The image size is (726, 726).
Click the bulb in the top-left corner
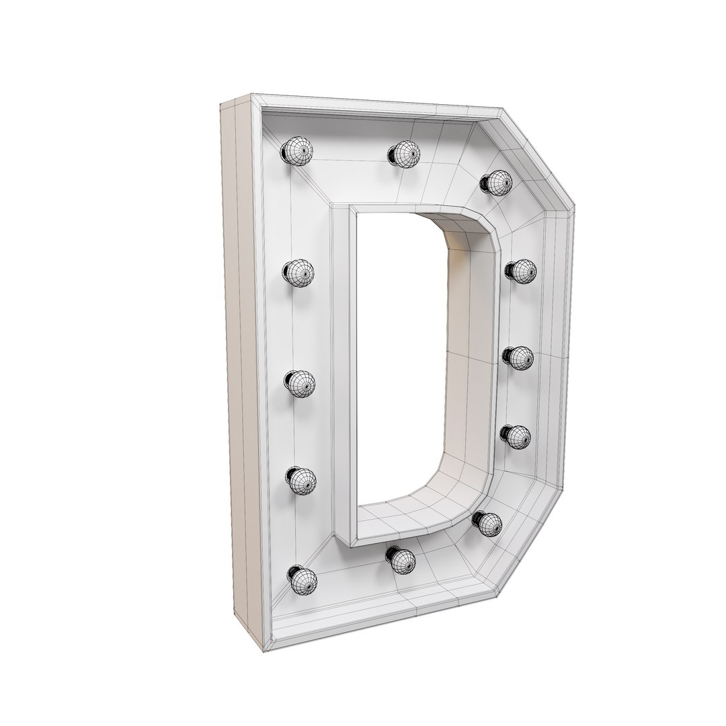click(x=298, y=151)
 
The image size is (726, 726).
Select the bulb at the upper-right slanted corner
click(x=497, y=182)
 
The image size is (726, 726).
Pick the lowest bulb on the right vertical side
click(x=516, y=437)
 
